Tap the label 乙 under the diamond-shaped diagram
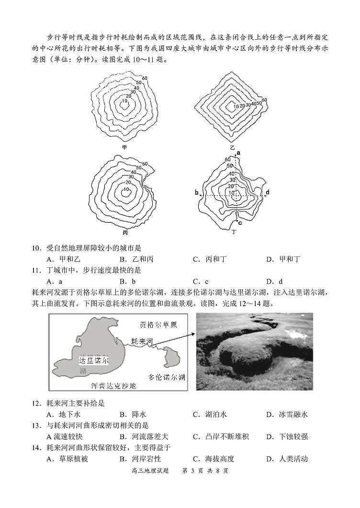[x=233, y=147]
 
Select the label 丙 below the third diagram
[x=125, y=232]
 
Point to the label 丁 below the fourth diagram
[x=234, y=232]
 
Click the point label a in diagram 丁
[x=238, y=153]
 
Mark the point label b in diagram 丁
[x=197, y=192]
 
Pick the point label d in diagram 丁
[x=268, y=192]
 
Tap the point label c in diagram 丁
[x=239, y=221]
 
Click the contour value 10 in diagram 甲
[x=125, y=101]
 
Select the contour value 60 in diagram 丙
[x=145, y=164]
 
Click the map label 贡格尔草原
[x=158, y=325]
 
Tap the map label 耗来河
[x=143, y=342]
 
